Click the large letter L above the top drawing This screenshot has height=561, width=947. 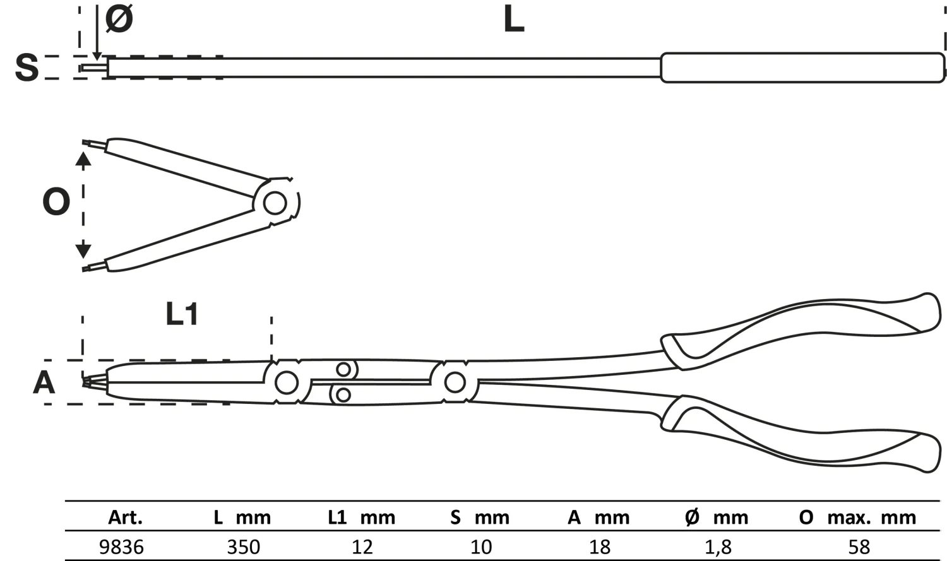click(x=514, y=20)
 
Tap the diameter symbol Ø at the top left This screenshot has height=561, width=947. click(x=119, y=19)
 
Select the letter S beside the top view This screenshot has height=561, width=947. click(x=27, y=68)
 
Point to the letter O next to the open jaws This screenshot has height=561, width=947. click(x=56, y=203)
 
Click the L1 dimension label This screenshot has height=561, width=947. click(x=182, y=314)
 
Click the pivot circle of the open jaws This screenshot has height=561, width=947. click(x=275, y=203)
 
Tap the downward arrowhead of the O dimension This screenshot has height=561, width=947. click(x=83, y=250)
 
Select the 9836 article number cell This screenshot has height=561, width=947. click(x=121, y=546)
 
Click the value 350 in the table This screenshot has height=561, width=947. click(x=243, y=546)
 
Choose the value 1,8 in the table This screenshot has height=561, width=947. click(x=718, y=546)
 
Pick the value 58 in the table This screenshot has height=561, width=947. click(x=859, y=546)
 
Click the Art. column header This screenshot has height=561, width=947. click(x=125, y=518)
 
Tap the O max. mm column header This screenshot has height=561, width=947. click(x=857, y=518)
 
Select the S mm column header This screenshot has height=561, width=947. click(x=480, y=518)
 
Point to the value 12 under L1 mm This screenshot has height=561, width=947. click(x=362, y=546)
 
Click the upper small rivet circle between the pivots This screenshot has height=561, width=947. click(x=343, y=369)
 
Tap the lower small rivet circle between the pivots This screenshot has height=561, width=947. click(x=343, y=395)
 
